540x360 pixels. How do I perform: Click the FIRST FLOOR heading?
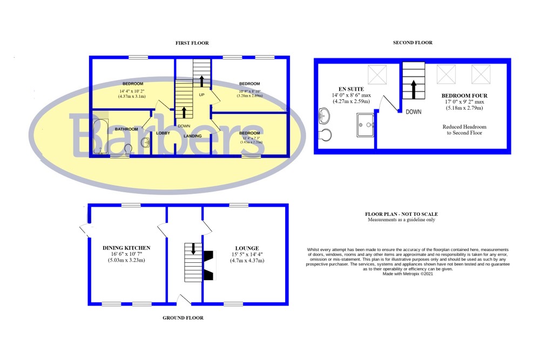point(192,43)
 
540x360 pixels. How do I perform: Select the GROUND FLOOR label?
point(183,318)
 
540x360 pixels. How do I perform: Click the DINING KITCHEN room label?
point(126,248)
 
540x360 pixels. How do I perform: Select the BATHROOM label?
point(126,129)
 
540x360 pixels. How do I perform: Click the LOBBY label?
point(163,133)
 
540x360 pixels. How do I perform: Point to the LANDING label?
point(193,136)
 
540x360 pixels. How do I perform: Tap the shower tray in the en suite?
point(366,125)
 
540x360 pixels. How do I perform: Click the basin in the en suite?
point(323,115)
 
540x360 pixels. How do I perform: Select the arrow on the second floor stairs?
point(414,89)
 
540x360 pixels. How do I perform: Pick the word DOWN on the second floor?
point(414,112)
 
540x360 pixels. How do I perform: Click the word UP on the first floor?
point(202,95)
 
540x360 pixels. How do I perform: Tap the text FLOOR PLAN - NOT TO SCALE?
point(401,214)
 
